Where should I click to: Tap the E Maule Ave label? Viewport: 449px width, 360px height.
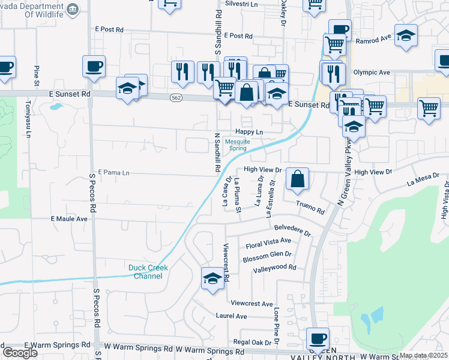click(x=69, y=220)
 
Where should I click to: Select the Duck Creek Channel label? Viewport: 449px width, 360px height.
click(x=148, y=272)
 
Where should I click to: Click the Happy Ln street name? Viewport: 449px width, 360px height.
click(x=249, y=131)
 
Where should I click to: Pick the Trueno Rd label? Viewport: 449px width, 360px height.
click(x=311, y=208)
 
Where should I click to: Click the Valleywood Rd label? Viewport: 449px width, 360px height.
click(x=275, y=268)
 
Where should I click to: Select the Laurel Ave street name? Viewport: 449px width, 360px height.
click(x=232, y=316)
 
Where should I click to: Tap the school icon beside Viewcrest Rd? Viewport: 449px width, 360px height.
click(x=212, y=278)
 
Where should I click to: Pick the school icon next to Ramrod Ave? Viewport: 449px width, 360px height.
click(x=406, y=35)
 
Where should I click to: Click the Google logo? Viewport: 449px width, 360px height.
click(x=19, y=353)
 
